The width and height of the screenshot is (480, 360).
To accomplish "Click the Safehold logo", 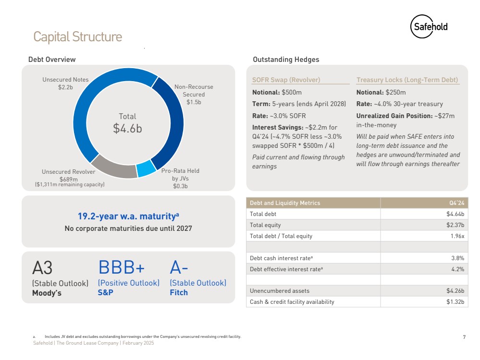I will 429,27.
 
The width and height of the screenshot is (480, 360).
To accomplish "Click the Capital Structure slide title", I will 77,36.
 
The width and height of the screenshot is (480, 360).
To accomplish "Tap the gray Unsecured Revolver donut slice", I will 113,168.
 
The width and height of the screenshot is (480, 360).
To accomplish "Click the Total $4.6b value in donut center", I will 127,123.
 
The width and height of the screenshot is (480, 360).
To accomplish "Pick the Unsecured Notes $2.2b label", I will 65,83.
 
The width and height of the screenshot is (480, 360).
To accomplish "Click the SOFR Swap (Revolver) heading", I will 286,80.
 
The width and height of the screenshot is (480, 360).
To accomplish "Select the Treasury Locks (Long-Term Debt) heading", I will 407,80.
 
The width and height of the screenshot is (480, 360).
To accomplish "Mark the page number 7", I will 464,337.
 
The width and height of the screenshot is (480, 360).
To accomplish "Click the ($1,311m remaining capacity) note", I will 70,184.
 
